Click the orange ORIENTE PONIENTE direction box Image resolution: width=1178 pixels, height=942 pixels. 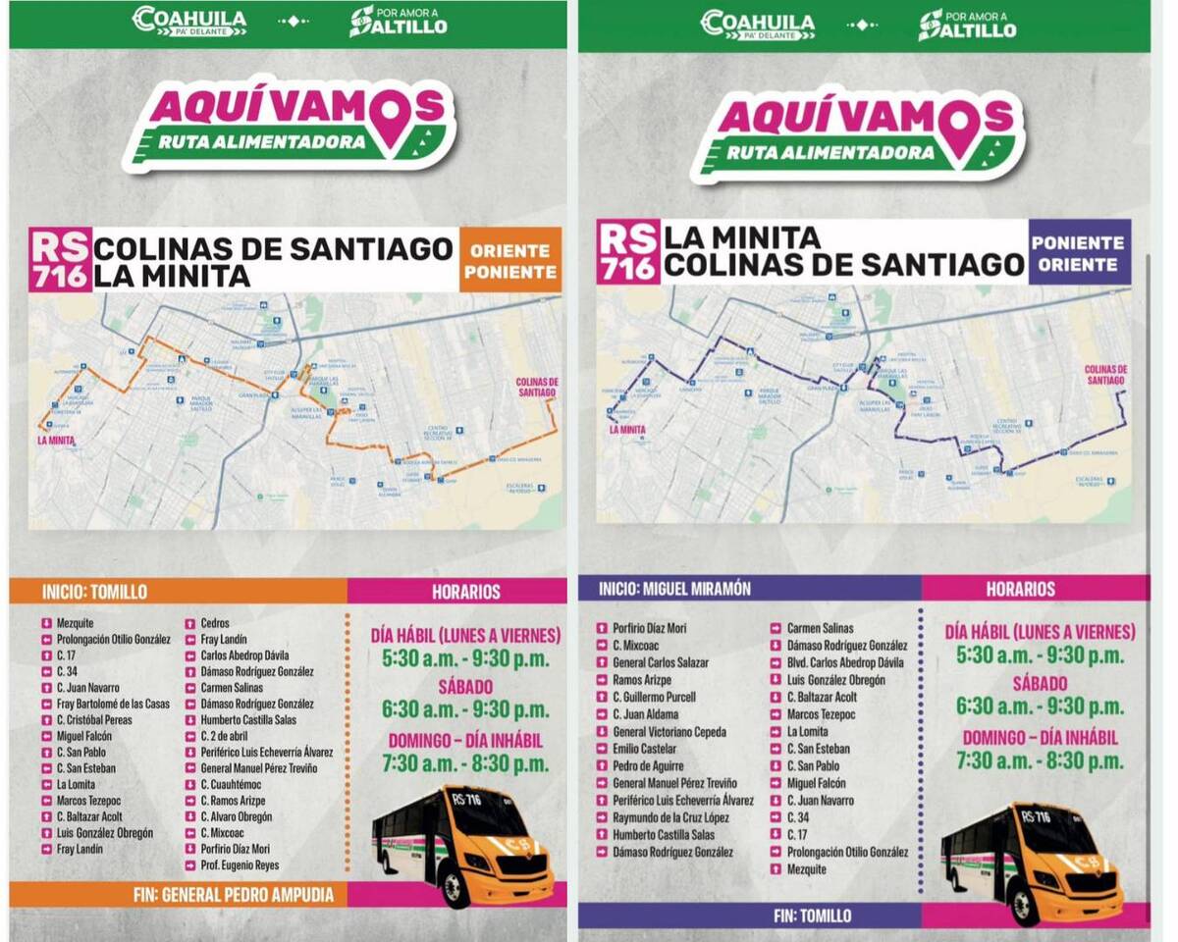click(x=509, y=260)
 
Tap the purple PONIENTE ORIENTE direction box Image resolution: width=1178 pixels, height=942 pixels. click(x=1079, y=252)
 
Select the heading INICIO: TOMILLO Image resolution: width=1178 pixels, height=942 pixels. click(x=94, y=592)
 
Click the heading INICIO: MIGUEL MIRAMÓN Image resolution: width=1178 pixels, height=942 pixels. click(x=674, y=589)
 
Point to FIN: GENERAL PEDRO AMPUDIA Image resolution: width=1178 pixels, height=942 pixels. click(x=234, y=895)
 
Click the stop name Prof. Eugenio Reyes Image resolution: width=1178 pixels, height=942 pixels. click(x=240, y=865)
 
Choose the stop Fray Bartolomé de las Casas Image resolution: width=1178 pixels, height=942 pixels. click(x=113, y=704)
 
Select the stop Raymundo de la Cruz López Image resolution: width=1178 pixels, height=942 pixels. click(x=670, y=817)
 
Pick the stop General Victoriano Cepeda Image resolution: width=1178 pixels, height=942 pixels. click(x=669, y=732)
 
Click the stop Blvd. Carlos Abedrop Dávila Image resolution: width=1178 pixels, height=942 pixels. click(x=845, y=662)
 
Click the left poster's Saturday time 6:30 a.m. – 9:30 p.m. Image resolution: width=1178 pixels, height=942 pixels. click(x=465, y=709)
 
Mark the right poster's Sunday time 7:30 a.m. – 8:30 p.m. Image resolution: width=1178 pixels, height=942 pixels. click(x=1041, y=761)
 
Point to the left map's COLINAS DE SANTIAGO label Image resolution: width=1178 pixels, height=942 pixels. click(x=536, y=387)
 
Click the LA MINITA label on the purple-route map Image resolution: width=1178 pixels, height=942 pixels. click(x=627, y=429)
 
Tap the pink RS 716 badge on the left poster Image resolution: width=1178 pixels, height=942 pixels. click(x=60, y=259)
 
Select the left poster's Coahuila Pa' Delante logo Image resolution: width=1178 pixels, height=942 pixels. click(x=189, y=21)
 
